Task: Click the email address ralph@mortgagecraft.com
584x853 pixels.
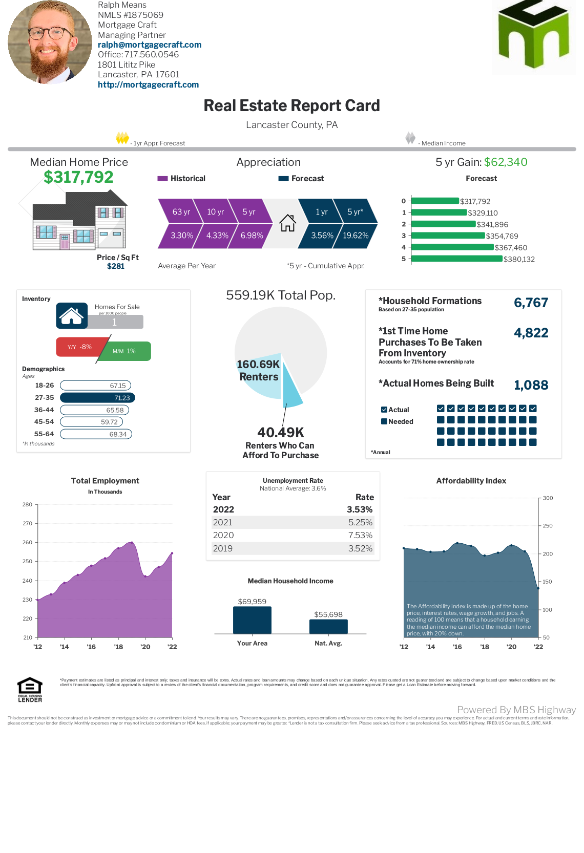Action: pyautogui.click(x=150, y=45)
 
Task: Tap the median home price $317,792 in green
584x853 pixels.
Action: pyautogui.click(x=78, y=177)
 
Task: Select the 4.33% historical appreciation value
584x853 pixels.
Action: pyautogui.click(x=217, y=236)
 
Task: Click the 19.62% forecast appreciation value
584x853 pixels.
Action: pyautogui.click(x=356, y=236)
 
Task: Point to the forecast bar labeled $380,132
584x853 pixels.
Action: pyautogui.click(x=456, y=259)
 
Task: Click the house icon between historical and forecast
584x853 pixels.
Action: pyautogui.click(x=287, y=223)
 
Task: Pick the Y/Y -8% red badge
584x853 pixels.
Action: pyautogui.click(x=80, y=347)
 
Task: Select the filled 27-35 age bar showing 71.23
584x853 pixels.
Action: pyautogui.click(x=97, y=398)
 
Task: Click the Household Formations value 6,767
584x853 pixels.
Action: pyautogui.click(x=531, y=303)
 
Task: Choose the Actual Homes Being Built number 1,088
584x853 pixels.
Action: pyautogui.click(x=531, y=385)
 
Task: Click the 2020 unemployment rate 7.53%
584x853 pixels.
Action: pyautogui.click(x=360, y=535)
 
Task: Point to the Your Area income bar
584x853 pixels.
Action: pyautogui.click(x=252, y=620)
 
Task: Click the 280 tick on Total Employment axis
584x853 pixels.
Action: pyautogui.click(x=28, y=504)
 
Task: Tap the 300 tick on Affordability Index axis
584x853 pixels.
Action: pyautogui.click(x=548, y=498)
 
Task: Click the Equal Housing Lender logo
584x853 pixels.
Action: pyautogui.click(x=30, y=689)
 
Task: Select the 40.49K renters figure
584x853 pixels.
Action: pyautogui.click(x=281, y=433)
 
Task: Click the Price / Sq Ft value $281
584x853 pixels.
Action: pyautogui.click(x=116, y=266)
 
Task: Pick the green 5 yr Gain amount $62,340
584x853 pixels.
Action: pyautogui.click(x=506, y=162)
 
